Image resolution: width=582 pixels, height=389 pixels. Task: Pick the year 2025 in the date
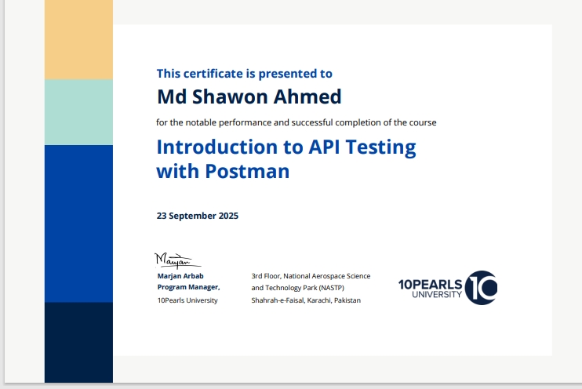point(226,216)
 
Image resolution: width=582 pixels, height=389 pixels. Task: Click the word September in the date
point(193,216)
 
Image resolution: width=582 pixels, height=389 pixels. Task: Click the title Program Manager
point(188,288)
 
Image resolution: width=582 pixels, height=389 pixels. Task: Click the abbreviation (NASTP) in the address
point(331,288)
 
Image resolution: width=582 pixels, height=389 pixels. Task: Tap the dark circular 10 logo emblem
point(480,288)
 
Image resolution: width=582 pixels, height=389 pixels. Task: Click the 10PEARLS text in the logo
point(430,283)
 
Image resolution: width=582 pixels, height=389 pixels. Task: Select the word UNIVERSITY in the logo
point(436,295)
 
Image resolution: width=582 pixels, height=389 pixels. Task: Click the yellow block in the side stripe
point(78,39)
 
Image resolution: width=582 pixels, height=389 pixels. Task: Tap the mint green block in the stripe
point(78,112)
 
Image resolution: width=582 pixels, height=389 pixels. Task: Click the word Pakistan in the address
point(347,300)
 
